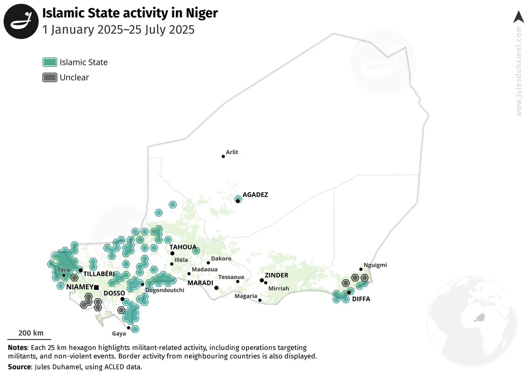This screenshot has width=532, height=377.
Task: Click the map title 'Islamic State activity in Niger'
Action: coord(130,13)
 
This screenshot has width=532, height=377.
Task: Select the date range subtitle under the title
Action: coord(118,30)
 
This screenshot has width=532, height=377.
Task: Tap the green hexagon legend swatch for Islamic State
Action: coord(50,62)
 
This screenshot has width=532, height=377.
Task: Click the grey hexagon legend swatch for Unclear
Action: coord(50,77)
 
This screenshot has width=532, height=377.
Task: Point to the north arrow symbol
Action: coord(518,17)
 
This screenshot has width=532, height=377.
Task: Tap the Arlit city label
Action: coord(232,152)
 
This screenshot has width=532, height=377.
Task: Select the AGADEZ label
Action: coord(255,194)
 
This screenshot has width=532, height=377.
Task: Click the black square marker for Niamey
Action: coord(96,287)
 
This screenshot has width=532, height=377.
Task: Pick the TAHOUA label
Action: coord(183,247)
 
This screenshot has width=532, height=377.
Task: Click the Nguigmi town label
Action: coord(375,265)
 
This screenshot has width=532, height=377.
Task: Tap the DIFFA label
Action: coord(361,299)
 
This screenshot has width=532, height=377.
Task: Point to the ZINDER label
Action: coord(277,275)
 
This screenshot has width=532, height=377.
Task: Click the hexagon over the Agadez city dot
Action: coord(238,199)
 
